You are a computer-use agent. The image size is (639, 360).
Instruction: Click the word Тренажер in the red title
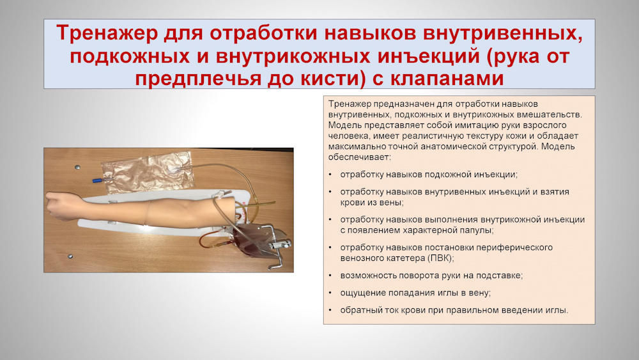(107, 33)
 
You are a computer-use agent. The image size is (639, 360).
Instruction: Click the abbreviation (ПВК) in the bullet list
(440, 258)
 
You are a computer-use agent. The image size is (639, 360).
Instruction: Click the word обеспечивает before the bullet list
(359, 157)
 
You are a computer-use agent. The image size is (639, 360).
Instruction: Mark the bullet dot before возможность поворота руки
(330, 276)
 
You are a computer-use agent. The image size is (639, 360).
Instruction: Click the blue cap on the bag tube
(97, 180)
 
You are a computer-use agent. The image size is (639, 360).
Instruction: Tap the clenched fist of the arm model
(58, 206)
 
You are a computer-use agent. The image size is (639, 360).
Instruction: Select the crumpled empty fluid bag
(147, 171)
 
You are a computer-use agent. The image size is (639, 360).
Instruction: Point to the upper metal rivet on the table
(77, 167)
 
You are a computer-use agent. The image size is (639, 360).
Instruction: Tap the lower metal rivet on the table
(70, 256)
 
